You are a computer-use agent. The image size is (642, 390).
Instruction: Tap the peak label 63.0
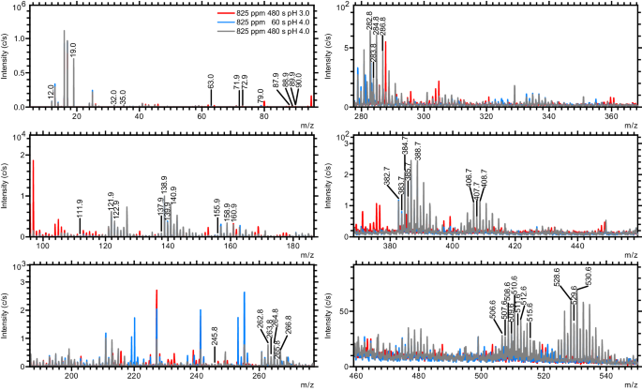pos(211,82)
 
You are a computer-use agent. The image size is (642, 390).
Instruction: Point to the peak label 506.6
pos(493,309)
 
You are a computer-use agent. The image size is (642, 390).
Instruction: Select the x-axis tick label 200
pos(72,376)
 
